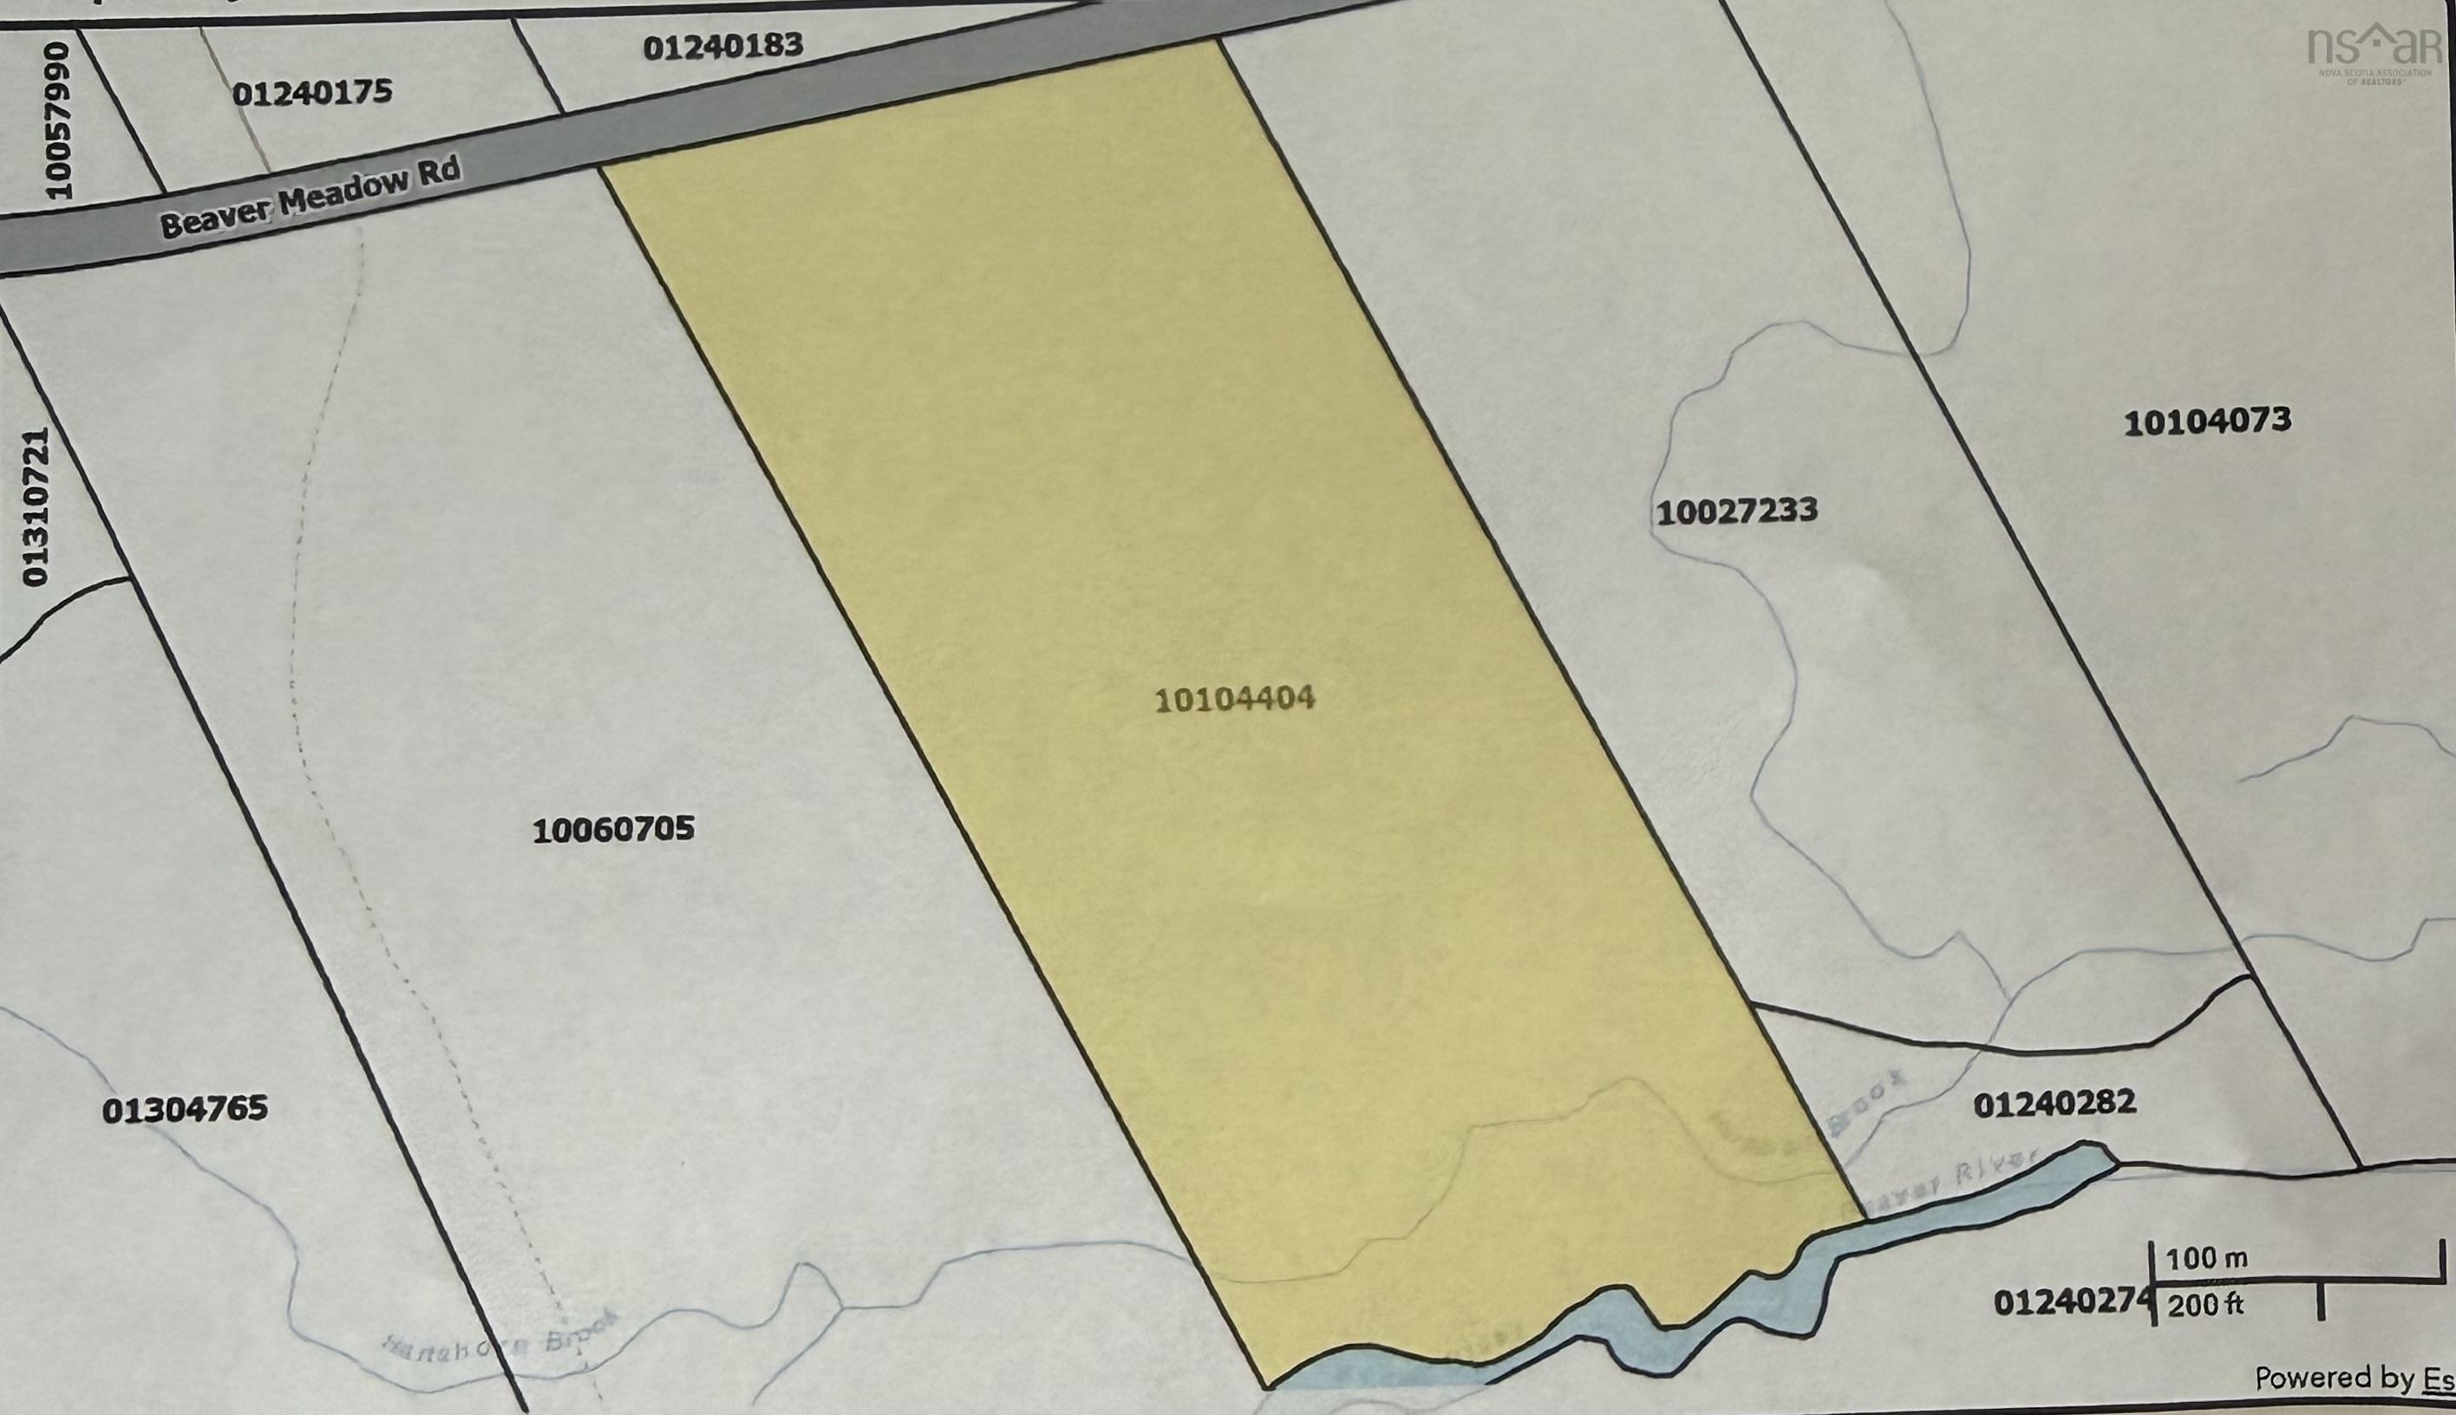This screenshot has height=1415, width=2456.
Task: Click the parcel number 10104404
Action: (1234, 699)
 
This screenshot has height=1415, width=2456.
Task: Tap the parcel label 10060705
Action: (613, 829)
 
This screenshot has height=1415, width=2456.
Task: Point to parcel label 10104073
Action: (2206, 421)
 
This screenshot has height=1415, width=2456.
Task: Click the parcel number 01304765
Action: (185, 1108)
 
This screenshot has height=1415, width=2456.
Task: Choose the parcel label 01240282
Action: (2054, 1103)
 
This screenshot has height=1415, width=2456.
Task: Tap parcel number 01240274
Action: (2068, 1301)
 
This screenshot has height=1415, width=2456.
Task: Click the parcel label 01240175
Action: (312, 92)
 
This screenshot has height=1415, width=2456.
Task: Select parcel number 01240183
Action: (723, 46)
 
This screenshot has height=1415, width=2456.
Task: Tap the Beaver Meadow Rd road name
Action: (309, 199)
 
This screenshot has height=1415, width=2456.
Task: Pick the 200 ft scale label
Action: (2205, 1304)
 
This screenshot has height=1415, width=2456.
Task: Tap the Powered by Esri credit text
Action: (2352, 1378)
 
